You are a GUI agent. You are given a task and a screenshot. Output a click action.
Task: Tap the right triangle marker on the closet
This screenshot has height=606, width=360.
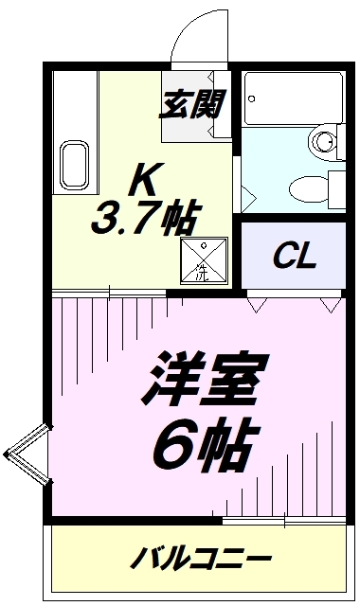click(329, 305)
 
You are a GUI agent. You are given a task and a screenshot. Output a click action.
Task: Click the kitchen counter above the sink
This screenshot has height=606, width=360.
click(75, 104)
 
